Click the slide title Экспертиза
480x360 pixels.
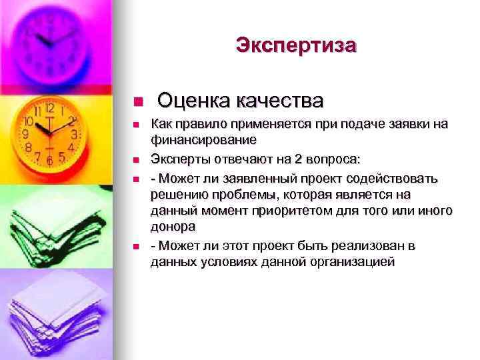pos(296,45)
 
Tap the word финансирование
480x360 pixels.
pos(203,140)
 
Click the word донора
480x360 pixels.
pos(178,227)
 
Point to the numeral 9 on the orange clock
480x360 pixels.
pos(24,134)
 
